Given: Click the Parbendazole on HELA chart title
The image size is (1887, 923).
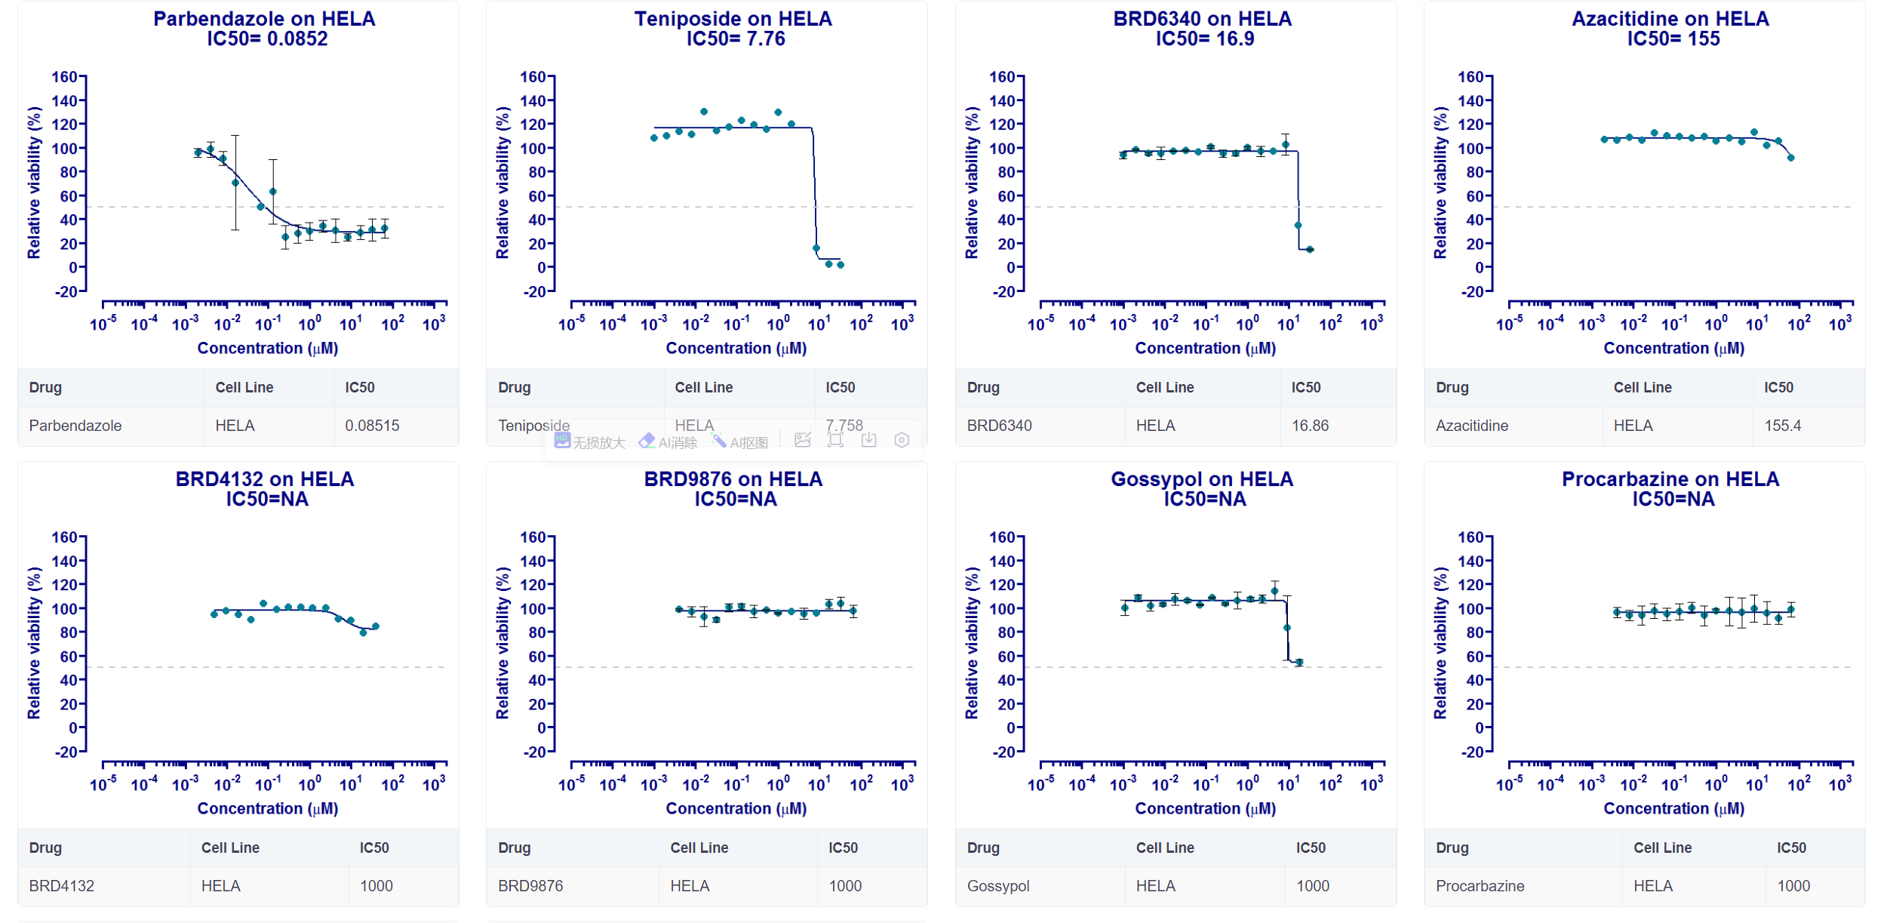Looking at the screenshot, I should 264,19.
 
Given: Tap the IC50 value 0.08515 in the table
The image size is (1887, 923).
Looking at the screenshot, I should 372,426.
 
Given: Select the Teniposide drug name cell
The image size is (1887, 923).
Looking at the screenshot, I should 533,426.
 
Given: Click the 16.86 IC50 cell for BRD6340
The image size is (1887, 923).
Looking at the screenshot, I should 1310,426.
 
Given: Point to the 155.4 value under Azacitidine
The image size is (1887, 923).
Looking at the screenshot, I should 1782,426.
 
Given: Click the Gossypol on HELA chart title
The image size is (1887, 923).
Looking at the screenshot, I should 1202,479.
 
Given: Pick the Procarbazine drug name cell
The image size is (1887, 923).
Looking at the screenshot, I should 1480,886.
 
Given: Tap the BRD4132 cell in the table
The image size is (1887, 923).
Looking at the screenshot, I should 62,886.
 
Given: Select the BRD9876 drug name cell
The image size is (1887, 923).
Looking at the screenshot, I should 530,886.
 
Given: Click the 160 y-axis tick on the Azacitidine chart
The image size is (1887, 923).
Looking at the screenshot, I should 1471,77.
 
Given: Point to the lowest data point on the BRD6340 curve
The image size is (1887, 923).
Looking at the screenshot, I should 1310,249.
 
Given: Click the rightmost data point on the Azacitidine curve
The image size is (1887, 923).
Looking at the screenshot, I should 1791,158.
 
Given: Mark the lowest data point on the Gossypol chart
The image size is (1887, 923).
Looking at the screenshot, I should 1299,663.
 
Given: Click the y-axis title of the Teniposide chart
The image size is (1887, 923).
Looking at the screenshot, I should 502,183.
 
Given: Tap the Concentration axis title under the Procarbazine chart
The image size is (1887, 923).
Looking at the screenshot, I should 1673,808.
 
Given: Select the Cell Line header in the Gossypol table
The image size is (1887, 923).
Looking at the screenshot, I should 1165,848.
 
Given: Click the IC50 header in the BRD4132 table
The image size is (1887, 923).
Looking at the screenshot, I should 374,848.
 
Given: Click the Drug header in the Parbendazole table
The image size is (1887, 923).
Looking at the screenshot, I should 45,387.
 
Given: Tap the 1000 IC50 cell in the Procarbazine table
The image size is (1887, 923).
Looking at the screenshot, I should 1793,886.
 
